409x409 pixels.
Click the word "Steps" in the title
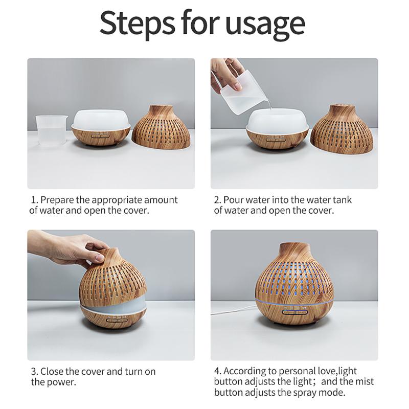click(x=138, y=23)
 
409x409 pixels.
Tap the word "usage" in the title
click(x=265, y=26)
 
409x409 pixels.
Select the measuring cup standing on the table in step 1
click(x=51, y=130)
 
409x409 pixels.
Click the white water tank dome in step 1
click(x=100, y=119)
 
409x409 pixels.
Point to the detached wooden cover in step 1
click(x=161, y=127)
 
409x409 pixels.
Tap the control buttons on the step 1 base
click(x=100, y=136)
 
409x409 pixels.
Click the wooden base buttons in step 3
click(x=117, y=321)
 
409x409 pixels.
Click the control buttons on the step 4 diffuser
click(x=295, y=312)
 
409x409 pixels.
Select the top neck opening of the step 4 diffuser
click(x=295, y=246)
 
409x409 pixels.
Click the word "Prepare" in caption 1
click(x=57, y=200)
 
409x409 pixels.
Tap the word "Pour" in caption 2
click(x=234, y=200)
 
